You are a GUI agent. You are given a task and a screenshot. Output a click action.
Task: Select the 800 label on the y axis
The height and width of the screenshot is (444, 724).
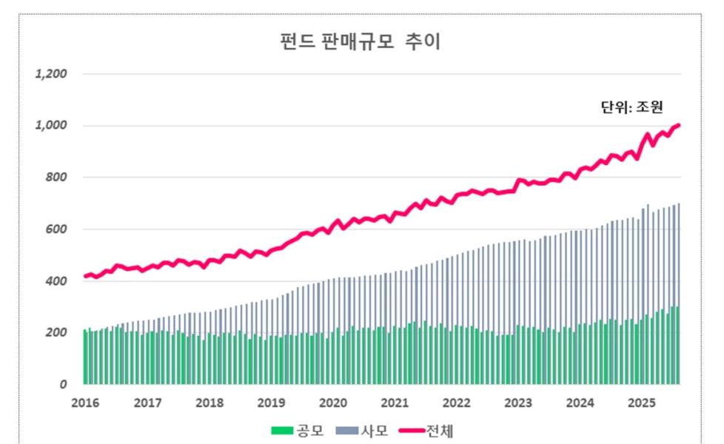tap(56, 178)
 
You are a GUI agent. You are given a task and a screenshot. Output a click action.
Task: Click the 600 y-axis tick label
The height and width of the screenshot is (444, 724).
tap(56, 229)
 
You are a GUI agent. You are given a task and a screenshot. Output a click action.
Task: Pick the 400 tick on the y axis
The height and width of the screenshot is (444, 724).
tap(56, 281)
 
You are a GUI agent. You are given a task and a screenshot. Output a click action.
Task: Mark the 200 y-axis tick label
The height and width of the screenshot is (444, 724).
tap(56, 333)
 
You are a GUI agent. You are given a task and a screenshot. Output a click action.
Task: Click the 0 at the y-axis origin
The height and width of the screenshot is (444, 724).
tap(64, 385)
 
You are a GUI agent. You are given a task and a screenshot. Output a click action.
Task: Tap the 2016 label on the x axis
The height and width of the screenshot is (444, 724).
tap(86, 403)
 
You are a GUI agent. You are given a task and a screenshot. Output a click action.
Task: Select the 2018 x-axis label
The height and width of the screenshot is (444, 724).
tap(210, 403)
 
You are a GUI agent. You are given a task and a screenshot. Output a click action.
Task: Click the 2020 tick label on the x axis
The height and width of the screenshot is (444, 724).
tap(333, 403)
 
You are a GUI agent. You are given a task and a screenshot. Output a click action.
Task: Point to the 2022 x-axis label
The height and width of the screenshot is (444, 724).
tap(457, 403)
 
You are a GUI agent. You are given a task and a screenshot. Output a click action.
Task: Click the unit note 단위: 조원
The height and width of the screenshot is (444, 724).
tap(631, 107)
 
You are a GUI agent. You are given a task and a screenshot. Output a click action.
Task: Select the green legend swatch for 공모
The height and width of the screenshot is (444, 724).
tap(284, 430)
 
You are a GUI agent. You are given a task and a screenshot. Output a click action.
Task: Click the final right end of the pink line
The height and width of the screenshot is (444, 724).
tap(679, 125)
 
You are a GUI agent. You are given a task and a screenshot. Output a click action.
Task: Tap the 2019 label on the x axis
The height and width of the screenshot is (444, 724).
tap(271, 403)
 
